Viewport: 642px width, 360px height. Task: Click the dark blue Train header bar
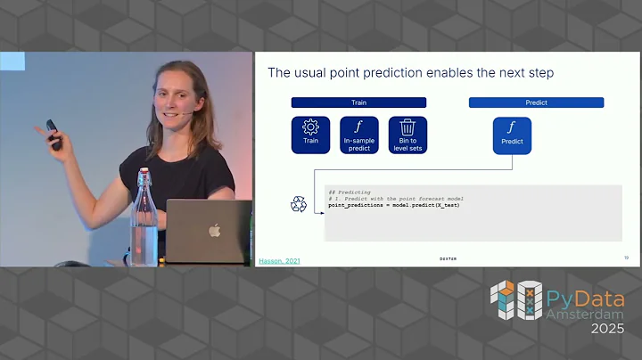pos(358,102)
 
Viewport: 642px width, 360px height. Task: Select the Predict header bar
pos(536,102)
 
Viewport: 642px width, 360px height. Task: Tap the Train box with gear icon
pos(310,134)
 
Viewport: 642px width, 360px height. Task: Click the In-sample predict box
pos(358,134)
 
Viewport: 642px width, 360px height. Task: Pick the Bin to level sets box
pos(407,134)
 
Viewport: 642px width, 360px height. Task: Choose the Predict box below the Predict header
pos(512,134)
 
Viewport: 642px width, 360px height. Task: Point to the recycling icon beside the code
pos(299,204)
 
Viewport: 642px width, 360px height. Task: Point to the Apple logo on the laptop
pos(214,230)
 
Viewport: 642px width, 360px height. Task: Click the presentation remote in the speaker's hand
pos(53,135)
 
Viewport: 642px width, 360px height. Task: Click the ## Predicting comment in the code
pos(344,192)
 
